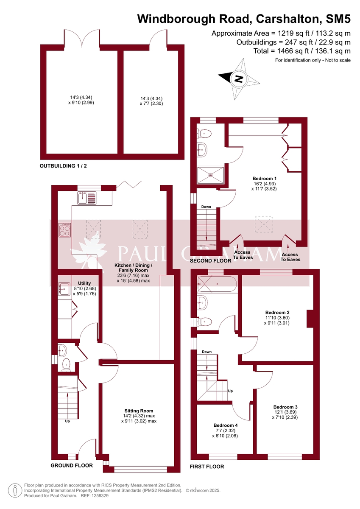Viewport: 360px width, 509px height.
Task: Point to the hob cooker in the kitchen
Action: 65,230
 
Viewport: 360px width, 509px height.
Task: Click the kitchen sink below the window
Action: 87,198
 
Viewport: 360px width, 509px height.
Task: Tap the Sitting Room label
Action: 139,411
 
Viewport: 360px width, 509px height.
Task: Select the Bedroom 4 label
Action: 226,425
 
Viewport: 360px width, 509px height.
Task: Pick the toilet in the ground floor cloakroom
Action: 66,364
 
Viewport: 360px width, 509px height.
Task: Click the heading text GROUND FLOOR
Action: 72,465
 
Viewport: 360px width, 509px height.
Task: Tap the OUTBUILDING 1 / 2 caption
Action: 66,166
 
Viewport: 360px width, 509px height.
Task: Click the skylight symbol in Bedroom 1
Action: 262,224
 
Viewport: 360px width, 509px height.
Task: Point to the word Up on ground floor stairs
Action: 67,421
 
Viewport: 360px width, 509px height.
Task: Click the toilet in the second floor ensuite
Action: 204,133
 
